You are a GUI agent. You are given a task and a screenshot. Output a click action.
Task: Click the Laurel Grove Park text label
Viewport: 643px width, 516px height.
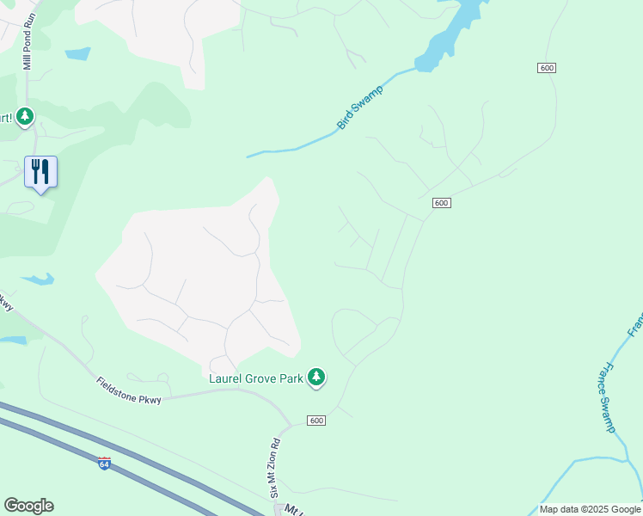(x=256, y=377)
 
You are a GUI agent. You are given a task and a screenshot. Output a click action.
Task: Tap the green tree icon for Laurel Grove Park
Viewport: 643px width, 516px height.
(x=317, y=377)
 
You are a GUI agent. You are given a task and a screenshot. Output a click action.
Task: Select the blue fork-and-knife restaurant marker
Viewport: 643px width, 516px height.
(x=40, y=172)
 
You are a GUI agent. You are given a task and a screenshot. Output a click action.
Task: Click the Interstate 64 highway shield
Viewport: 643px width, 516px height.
(x=104, y=464)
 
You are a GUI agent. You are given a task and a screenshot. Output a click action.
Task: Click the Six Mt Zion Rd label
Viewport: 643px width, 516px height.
(x=276, y=469)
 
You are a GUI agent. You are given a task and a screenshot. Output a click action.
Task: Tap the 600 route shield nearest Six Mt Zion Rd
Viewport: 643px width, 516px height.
(x=316, y=420)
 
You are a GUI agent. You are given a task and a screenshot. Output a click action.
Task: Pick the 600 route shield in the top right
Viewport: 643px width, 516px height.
(x=546, y=68)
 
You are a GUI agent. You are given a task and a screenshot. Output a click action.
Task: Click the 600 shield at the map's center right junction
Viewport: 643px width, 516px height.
(x=441, y=202)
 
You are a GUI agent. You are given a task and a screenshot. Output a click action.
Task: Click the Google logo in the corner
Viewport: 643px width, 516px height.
(x=28, y=505)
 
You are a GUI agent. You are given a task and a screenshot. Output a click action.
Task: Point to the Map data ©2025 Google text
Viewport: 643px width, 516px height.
(x=589, y=509)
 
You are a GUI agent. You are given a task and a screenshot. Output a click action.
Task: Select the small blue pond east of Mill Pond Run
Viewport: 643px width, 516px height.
(x=77, y=53)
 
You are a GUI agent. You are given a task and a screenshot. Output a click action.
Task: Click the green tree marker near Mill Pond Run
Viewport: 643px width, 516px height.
(x=25, y=116)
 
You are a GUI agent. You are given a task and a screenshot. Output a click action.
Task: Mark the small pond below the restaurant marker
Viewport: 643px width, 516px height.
(x=37, y=279)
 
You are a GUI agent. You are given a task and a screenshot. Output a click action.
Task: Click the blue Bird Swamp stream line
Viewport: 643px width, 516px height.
(x=292, y=150)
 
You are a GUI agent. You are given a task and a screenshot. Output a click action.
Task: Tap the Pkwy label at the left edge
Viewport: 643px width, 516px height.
(x=5, y=302)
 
